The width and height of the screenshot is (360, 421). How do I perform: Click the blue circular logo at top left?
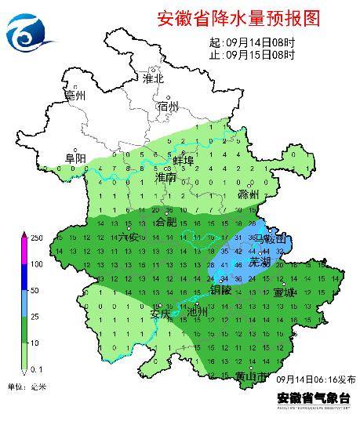click(27, 32)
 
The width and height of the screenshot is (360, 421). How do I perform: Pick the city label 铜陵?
click(222, 290)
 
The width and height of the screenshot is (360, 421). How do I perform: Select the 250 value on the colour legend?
click(36, 238)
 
